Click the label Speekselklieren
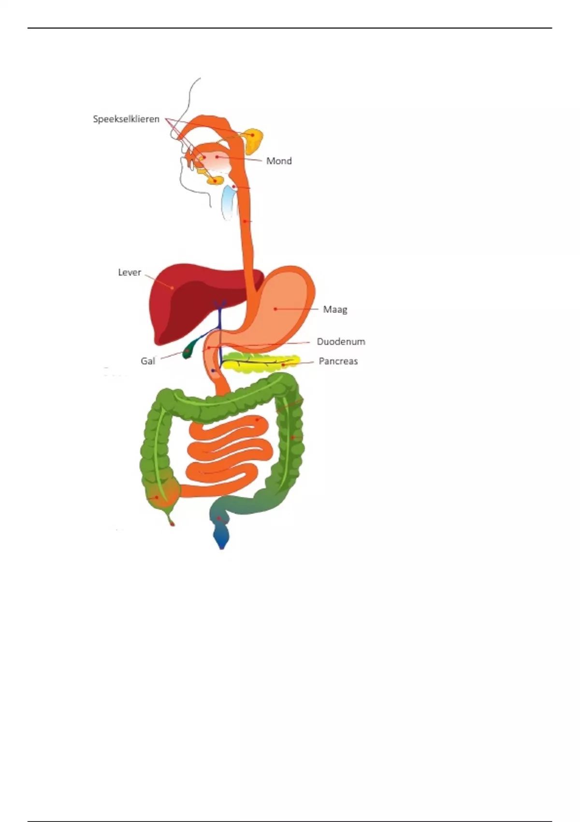point(126,119)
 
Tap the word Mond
point(279,161)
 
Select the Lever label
point(130,272)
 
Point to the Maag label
point(335,309)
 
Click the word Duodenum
point(341,341)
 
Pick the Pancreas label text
point(338,361)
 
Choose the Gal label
point(147,361)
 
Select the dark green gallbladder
point(188,351)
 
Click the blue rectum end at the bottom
point(221,537)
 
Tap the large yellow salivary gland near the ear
point(253,138)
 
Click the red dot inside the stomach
point(275,308)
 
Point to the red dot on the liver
point(172,287)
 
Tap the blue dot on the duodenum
point(213,370)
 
